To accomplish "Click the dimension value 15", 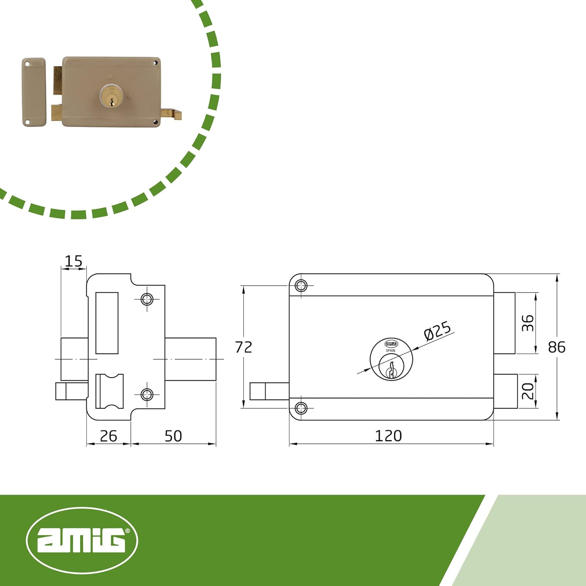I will [73, 261].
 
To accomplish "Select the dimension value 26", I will [108, 436].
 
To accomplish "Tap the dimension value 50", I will [173, 436].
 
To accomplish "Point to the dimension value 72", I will [243, 347].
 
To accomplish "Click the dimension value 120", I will [388, 436].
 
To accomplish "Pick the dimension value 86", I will [556, 347].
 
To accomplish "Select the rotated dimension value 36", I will [528, 323].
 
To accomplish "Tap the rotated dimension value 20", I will [528, 391].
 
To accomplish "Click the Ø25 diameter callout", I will [438, 331].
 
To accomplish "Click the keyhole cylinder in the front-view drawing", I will [391, 359].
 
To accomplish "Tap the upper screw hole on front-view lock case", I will [301, 286].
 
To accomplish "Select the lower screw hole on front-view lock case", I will [301, 408].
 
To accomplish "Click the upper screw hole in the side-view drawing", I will [147, 299].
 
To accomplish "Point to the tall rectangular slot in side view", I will [107, 323].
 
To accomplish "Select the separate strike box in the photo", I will [34, 92].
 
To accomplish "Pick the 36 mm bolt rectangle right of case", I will [504, 323].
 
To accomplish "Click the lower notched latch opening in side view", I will [109, 391].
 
